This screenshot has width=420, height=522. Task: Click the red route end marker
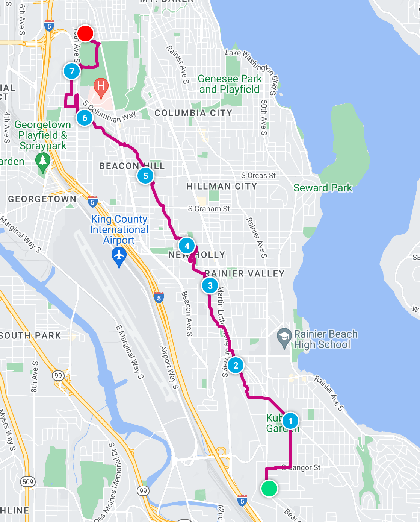click(x=85, y=33)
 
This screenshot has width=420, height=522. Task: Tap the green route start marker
click(x=269, y=488)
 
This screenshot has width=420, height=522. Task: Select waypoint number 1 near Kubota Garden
click(x=290, y=421)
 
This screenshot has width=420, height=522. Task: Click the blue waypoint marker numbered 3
click(x=210, y=286)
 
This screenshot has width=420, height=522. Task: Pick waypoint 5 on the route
click(x=145, y=176)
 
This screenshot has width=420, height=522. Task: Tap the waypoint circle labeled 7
click(x=72, y=71)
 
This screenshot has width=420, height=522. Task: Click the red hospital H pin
click(x=101, y=87)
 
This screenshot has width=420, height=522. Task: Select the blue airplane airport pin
click(x=119, y=257)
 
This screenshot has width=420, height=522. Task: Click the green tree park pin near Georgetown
click(x=43, y=162)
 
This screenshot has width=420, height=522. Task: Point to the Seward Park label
click(x=323, y=188)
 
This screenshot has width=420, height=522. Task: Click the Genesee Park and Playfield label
click(x=230, y=84)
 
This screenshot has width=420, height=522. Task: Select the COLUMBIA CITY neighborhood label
click(x=193, y=113)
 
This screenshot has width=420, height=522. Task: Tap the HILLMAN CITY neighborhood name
click(x=222, y=186)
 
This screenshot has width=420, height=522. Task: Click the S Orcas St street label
click(x=258, y=175)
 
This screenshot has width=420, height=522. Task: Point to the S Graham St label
click(x=209, y=209)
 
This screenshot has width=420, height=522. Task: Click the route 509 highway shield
click(x=28, y=482)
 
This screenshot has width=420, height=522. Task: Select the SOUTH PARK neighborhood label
click(x=31, y=335)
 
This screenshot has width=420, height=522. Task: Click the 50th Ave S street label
click(x=264, y=118)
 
